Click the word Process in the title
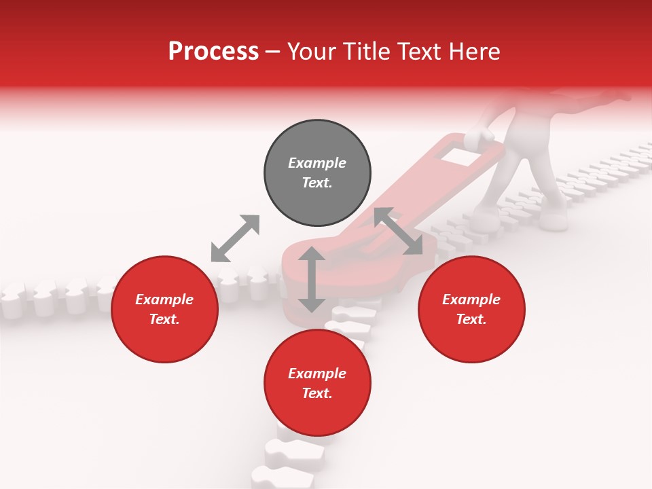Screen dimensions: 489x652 click(x=213, y=52)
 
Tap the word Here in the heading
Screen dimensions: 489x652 click(x=474, y=52)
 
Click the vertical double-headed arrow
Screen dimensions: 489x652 click(x=312, y=279)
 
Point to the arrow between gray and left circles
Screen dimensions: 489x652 click(x=235, y=238)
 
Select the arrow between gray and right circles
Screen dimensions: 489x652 click(x=398, y=232)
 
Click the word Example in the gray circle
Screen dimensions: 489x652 click(x=317, y=163)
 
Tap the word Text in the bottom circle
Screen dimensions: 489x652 click(x=317, y=393)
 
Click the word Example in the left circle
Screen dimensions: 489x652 click(x=164, y=300)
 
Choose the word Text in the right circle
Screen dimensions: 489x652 click(x=471, y=319)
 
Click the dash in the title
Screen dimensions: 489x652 click(x=272, y=52)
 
